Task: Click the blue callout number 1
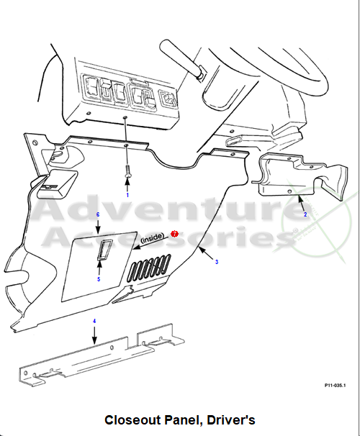tap(127, 195)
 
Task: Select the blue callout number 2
tap(305, 214)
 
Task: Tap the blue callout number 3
tap(217, 262)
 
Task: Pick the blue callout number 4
tap(94, 321)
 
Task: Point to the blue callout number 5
tap(99, 279)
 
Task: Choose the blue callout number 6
tap(98, 214)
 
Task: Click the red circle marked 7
tap(174, 234)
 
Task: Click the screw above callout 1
tap(127, 171)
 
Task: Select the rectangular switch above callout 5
tap(104, 250)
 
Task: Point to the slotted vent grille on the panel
tap(149, 268)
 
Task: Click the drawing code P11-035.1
tap(335, 385)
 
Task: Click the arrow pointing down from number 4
tap(94, 335)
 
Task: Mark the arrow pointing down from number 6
tap(98, 227)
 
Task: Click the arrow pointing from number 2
tap(300, 203)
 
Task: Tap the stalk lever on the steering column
tap(181, 58)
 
